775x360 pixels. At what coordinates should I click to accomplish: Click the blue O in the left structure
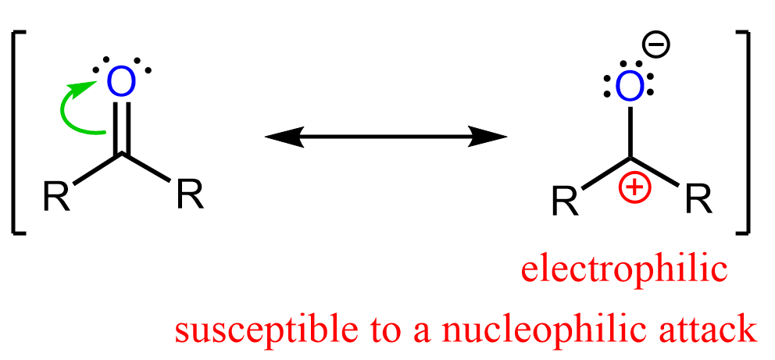(120, 80)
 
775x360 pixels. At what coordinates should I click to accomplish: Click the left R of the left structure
(56, 197)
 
